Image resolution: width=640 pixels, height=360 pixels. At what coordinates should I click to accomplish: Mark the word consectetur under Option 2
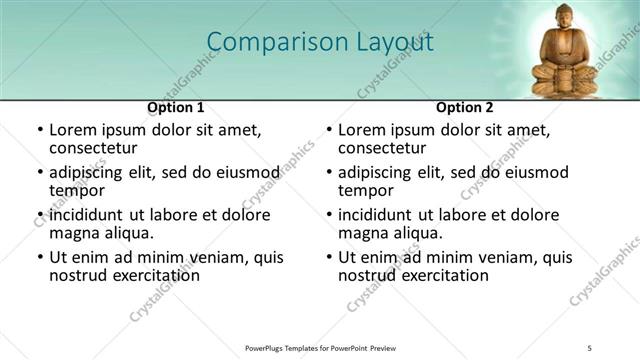(x=382, y=148)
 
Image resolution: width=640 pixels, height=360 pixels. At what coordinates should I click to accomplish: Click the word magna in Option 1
(x=74, y=234)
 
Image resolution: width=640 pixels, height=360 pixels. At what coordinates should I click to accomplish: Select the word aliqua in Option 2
(x=418, y=234)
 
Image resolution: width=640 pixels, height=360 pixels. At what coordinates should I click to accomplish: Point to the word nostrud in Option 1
(x=78, y=276)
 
